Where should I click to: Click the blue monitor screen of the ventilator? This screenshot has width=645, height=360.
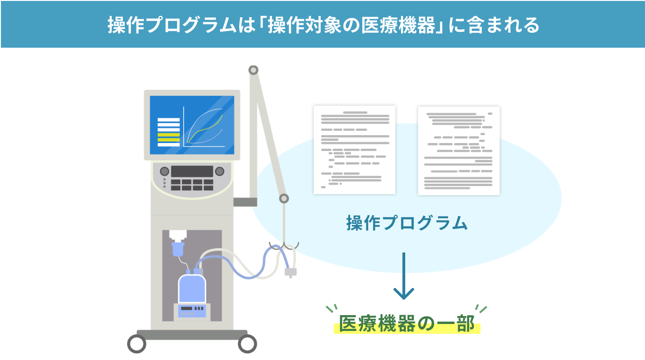pyautogui.click(x=192, y=125)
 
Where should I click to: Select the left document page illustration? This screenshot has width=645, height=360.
pyautogui.click(x=354, y=150)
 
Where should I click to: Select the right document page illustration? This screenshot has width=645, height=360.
pyautogui.click(x=459, y=151)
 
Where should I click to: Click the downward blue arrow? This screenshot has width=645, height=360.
pyautogui.click(x=404, y=276)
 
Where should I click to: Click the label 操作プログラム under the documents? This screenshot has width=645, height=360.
pyautogui.click(x=407, y=223)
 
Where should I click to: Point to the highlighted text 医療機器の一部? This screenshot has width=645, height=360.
pyautogui.click(x=407, y=324)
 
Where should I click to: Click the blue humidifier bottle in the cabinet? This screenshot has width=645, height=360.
pyautogui.click(x=192, y=288)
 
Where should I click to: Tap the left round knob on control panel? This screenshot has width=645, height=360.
pyautogui.click(x=165, y=172)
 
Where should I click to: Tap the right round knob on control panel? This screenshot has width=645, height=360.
pyautogui.click(x=219, y=172)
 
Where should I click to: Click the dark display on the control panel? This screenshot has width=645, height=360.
pyautogui.click(x=192, y=172)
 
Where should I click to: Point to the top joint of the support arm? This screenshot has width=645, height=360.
pyautogui.click(x=253, y=70)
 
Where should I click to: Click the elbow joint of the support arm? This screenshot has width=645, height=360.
pyautogui.click(x=284, y=198)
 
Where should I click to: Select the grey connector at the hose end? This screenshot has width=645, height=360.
pyautogui.click(x=291, y=273)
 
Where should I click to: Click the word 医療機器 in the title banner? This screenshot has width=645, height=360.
pyautogui.click(x=398, y=25)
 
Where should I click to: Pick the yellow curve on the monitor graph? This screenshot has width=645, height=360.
pyautogui.click(x=205, y=129)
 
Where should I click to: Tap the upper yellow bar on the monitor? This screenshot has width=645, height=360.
pyautogui.click(x=168, y=135)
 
